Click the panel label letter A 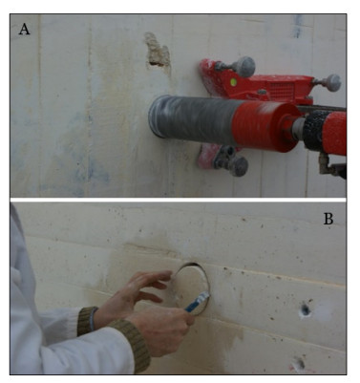24,30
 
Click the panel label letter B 328,219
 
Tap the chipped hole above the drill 158,51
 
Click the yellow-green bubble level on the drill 233,82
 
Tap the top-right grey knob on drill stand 332,83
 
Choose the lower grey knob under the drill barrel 239,166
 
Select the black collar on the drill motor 314,130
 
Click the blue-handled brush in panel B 197,302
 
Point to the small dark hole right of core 305,309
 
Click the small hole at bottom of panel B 299,363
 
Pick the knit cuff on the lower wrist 131,345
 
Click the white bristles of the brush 204,297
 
